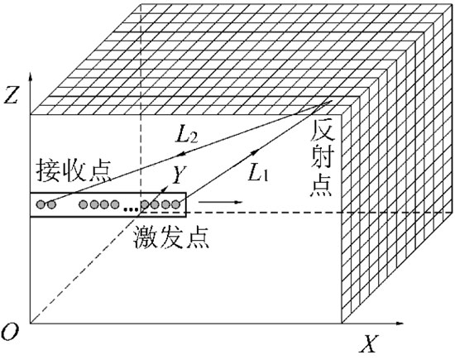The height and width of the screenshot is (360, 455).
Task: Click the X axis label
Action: (369, 343)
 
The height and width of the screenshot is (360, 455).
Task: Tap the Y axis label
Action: (179, 175)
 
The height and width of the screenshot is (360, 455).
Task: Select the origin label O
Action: (10, 332)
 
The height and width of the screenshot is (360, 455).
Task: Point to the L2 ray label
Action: (187, 133)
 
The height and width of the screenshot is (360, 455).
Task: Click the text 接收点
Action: (74, 170)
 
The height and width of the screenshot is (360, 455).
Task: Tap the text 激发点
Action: (171, 238)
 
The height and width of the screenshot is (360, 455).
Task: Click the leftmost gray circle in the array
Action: (41, 204)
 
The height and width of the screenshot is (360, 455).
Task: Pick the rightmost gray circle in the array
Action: (176, 204)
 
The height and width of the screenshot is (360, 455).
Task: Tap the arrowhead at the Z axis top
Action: (30, 75)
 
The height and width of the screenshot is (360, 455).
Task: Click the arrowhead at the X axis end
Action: (400, 323)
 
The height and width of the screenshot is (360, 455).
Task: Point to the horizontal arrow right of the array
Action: (221, 202)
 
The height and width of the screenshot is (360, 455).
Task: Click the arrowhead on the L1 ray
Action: (256, 151)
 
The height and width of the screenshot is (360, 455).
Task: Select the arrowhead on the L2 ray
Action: (181, 155)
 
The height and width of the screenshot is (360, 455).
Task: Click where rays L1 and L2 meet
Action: (322, 105)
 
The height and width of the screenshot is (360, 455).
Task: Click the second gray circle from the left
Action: (51, 204)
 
